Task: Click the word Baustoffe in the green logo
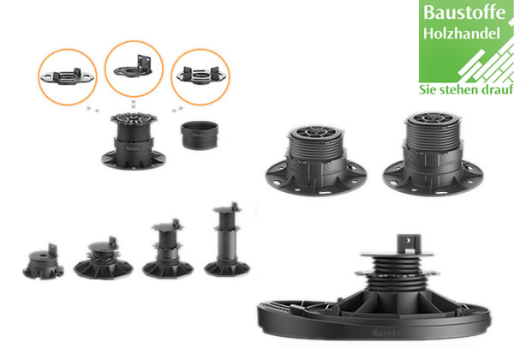464,13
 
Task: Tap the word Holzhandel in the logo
462,33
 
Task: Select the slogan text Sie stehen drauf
466,89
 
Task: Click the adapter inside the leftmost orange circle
67,77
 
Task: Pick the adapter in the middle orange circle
134,66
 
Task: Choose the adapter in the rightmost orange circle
200,76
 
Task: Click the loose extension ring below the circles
200,135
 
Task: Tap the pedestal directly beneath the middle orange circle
134,141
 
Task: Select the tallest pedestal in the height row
227,239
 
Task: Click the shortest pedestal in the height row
43,262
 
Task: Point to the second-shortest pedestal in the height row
104,258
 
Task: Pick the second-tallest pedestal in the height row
168,249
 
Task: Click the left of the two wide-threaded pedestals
316,160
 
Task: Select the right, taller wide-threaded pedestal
433,154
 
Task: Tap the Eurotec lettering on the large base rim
387,333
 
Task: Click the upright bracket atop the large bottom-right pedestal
409,243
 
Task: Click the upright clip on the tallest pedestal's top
235,207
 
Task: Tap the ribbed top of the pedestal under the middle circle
134,118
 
